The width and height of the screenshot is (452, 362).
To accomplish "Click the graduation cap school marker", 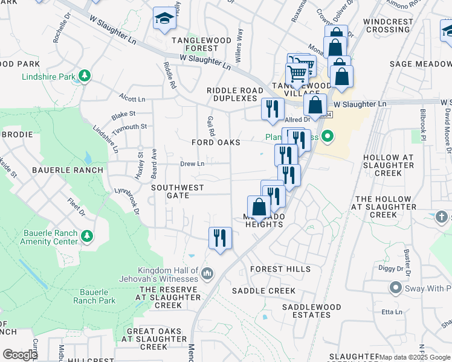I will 163,19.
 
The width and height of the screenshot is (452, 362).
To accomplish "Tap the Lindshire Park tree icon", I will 86,75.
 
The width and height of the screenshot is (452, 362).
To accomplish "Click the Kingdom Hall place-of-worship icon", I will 207,274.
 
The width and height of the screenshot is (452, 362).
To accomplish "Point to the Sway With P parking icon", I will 396,288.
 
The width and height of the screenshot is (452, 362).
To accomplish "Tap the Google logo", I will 20,354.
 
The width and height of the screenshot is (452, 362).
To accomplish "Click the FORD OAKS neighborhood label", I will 216,142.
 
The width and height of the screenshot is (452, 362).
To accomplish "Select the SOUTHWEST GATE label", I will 178,191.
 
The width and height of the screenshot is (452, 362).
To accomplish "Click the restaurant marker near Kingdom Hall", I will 220,237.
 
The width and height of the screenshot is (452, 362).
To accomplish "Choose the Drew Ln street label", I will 192,164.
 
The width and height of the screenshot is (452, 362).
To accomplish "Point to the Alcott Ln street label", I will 132,98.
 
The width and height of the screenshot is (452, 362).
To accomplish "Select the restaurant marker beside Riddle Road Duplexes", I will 273,109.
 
